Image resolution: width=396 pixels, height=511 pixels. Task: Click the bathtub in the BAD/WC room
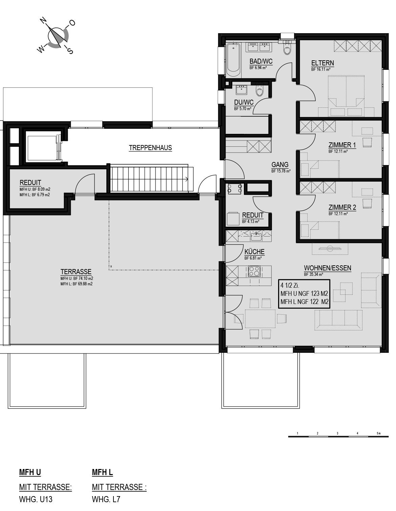233,60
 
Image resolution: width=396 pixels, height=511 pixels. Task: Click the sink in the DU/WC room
242,89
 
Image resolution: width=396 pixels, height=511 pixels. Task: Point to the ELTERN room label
322,63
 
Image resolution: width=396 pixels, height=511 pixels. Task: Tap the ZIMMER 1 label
342,145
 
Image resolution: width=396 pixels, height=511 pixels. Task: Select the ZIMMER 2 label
342,207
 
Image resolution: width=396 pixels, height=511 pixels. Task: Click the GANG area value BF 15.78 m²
281,171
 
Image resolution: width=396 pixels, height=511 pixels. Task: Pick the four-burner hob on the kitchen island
254,271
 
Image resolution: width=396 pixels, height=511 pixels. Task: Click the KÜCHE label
254,251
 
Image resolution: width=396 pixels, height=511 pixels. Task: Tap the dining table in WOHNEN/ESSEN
260,319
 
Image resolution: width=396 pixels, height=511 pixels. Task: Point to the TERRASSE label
76,272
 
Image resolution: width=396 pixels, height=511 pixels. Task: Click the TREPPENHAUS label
150,148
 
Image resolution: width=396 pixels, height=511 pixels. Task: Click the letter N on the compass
43,21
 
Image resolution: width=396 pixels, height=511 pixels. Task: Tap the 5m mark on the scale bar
379,433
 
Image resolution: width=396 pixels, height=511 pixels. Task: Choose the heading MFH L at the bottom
102,472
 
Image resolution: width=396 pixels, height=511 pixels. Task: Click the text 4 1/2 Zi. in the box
290,285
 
